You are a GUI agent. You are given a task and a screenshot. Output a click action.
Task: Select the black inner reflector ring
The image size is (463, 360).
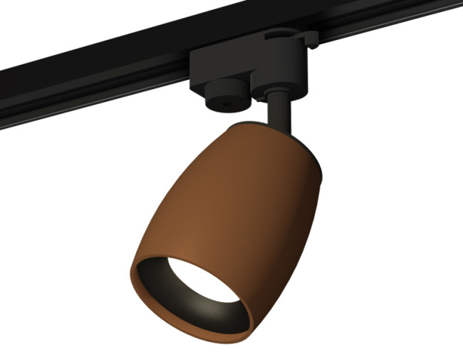tap(187, 299)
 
